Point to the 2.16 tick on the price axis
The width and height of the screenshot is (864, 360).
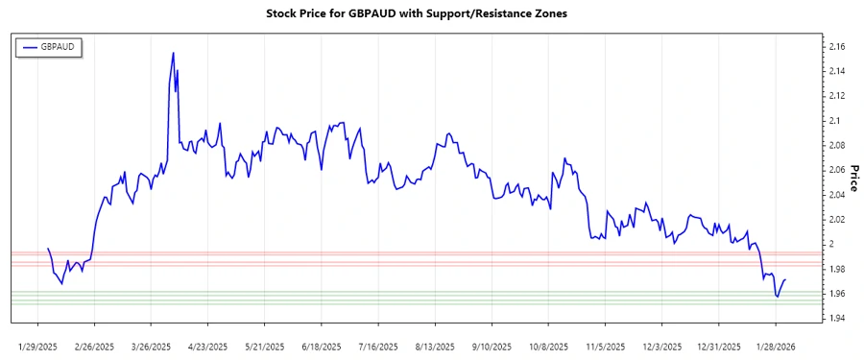(x=836, y=46)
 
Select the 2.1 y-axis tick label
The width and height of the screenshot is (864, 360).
(x=833, y=120)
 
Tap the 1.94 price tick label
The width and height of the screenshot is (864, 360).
(x=836, y=318)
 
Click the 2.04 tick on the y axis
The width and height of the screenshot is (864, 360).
(x=836, y=195)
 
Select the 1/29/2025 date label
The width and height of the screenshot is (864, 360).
(x=39, y=346)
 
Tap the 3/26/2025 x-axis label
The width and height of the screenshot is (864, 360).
(x=152, y=346)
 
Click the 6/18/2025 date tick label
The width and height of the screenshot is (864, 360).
(x=320, y=346)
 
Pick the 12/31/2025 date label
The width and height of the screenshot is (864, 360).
(x=719, y=346)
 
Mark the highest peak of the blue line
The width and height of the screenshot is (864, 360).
(x=173, y=53)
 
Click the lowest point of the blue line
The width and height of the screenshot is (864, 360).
(x=777, y=297)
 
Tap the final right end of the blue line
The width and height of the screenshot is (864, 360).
(x=785, y=280)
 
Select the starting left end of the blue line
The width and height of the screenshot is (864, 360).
(x=48, y=249)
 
